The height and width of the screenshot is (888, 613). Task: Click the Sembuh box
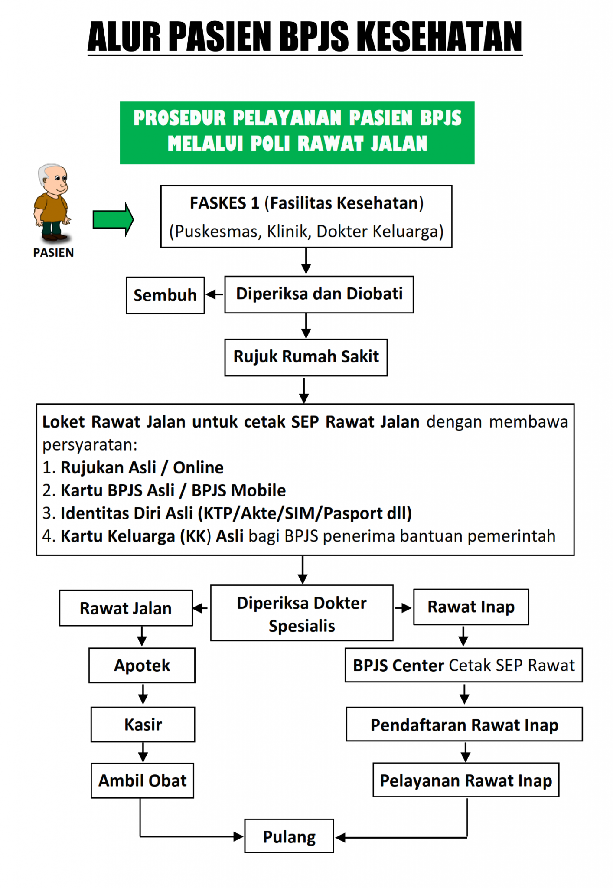click(x=165, y=295)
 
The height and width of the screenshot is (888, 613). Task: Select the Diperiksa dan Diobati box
click(x=319, y=294)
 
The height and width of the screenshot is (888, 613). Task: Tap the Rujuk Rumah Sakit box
click(x=306, y=357)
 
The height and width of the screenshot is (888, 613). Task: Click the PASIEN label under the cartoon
click(x=53, y=253)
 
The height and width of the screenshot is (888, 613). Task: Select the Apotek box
click(x=142, y=666)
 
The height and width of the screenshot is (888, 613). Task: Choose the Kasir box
click(x=143, y=725)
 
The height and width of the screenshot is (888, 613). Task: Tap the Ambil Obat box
click(x=142, y=780)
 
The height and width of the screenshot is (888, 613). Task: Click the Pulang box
click(x=289, y=836)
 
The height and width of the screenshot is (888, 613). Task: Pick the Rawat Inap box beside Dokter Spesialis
click(x=471, y=607)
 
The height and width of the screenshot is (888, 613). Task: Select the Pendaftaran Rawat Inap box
click(x=464, y=725)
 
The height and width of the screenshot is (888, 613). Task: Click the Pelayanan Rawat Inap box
click(x=466, y=780)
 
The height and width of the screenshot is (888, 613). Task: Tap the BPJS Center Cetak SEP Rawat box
click(x=463, y=666)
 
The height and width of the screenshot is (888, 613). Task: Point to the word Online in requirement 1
click(x=198, y=468)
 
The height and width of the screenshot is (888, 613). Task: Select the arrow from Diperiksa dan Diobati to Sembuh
click(x=214, y=295)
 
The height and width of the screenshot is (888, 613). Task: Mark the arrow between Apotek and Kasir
click(x=143, y=695)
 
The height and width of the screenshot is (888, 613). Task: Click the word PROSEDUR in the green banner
click(x=179, y=118)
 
